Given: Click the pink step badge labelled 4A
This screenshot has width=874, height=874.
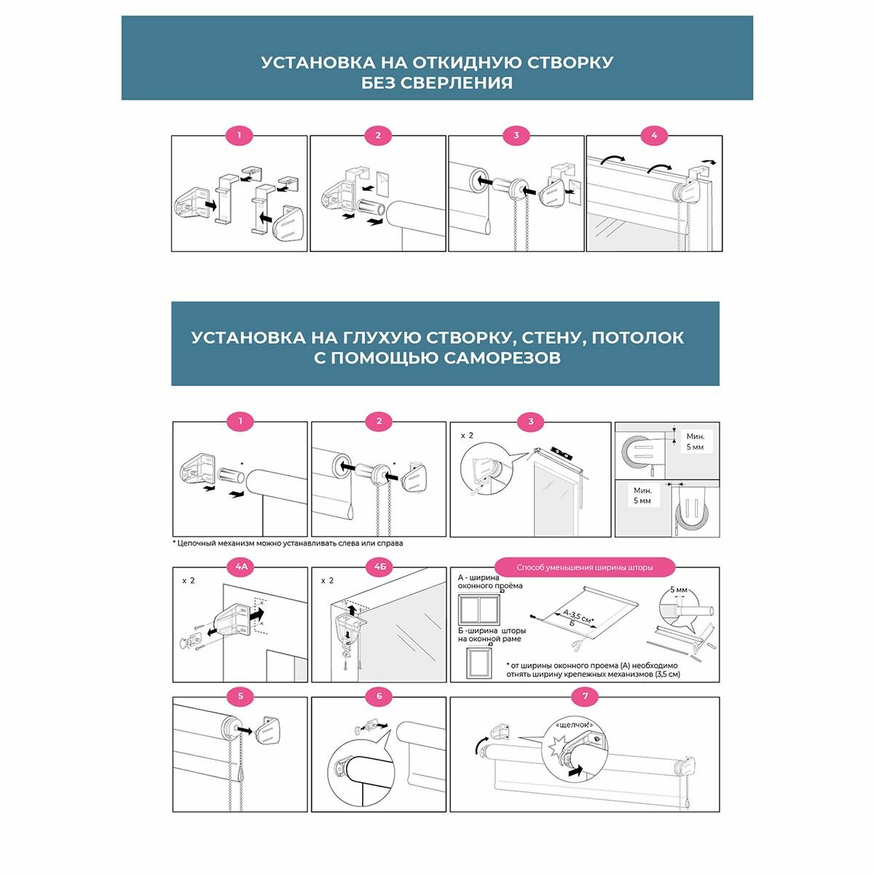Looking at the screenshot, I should coord(240,566).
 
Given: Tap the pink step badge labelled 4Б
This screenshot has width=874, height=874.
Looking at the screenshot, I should coord(379,566).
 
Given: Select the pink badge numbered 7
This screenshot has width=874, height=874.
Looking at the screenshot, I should coord(585,696).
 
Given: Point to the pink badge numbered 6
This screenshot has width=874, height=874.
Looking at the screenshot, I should coord(379,696).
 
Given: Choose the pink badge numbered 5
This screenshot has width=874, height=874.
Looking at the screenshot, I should coord(240,696).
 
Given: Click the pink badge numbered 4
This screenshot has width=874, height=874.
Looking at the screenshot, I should coord(654,135).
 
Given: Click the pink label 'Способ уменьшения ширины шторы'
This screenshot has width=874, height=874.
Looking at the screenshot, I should coord(584,567).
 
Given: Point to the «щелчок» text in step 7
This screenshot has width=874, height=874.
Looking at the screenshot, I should coord(573,725).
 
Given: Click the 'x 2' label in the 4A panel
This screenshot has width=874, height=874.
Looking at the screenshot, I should coord(189,582).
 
